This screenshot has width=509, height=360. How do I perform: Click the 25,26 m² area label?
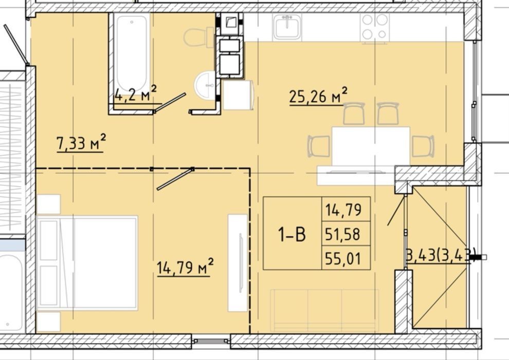318,96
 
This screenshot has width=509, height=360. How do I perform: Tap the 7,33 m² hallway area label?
81,143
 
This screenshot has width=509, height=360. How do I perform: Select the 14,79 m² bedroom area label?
185,267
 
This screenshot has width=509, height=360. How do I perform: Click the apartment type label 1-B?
292,235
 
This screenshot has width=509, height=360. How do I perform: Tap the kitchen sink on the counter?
287,27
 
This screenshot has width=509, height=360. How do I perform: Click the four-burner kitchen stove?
375,27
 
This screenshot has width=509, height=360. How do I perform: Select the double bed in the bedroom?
87,262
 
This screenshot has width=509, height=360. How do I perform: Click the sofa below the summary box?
324,310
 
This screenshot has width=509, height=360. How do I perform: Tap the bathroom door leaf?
170,103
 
